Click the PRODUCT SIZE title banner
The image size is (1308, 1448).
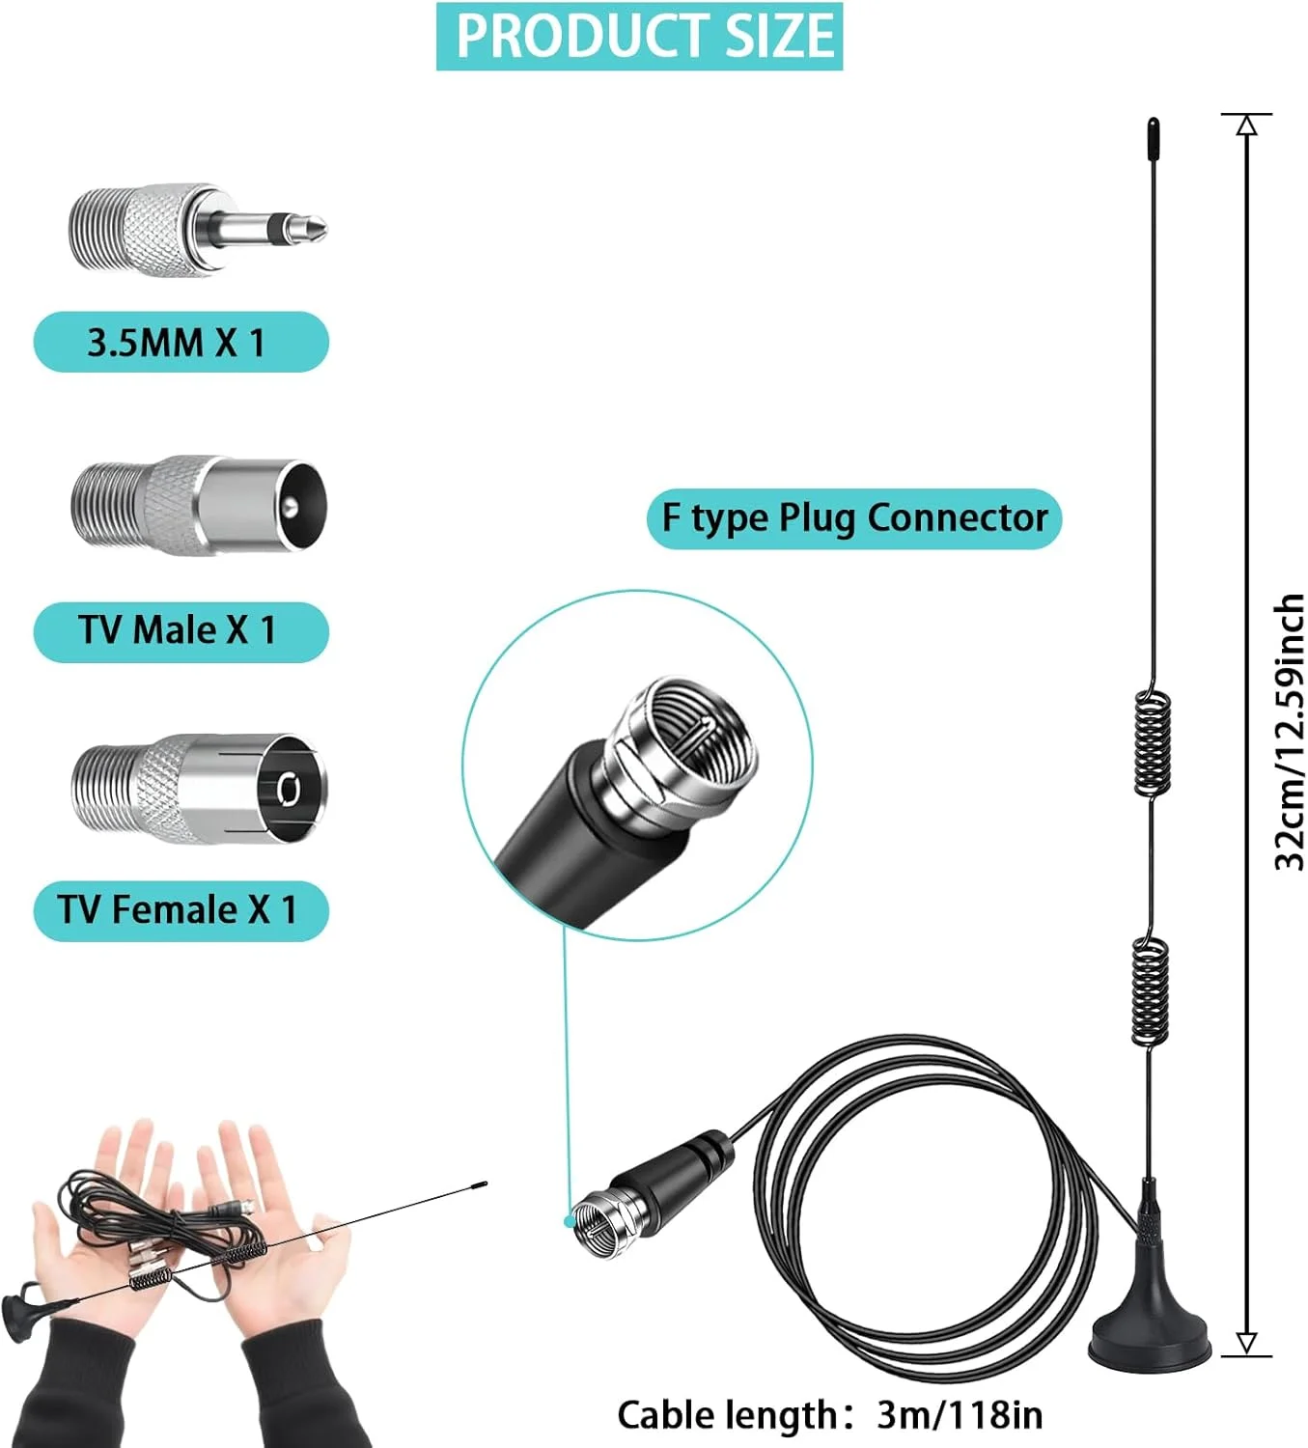[x=639, y=36]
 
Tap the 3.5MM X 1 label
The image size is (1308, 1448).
[x=181, y=342]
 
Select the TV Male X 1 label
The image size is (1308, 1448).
[x=181, y=631]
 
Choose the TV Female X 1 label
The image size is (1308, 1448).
[x=181, y=910]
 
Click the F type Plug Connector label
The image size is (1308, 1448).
[x=853, y=518]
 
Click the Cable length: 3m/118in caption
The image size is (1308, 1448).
[x=829, y=1415]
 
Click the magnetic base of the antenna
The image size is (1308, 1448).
[x=1149, y=1337]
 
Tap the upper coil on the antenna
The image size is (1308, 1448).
[x=1153, y=743]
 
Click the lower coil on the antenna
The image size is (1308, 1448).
[x=1150, y=992]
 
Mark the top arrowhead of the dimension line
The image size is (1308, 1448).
[x=1246, y=125]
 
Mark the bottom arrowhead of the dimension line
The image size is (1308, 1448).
[x=1246, y=1343]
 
